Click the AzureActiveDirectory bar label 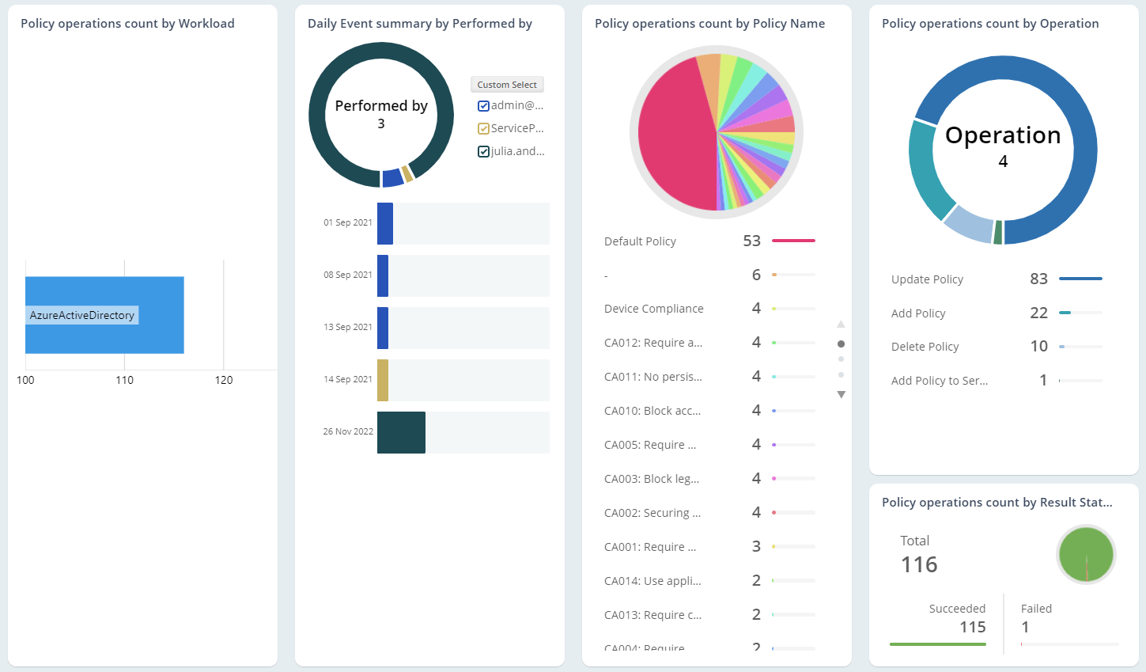pyautogui.click(x=82, y=315)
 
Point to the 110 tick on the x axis pyautogui.click(x=124, y=380)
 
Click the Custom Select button pyautogui.click(x=507, y=85)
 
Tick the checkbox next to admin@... pyautogui.click(x=483, y=106)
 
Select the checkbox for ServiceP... pyautogui.click(x=483, y=129)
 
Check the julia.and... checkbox pyautogui.click(x=483, y=152)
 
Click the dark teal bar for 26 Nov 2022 pyautogui.click(x=401, y=432)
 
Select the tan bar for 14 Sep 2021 pyautogui.click(x=383, y=380)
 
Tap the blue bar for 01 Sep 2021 pyautogui.click(x=385, y=223)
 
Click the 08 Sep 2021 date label pyautogui.click(x=347, y=275)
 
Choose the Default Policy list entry pyautogui.click(x=640, y=241)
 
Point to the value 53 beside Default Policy pyautogui.click(x=751, y=241)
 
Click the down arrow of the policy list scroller pyautogui.click(x=842, y=394)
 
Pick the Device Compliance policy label pyautogui.click(x=653, y=309)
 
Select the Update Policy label pyautogui.click(x=927, y=279)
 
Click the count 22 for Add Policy pyautogui.click(x=1038, y=313)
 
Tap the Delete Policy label pyautogui.click(x=925, y=347)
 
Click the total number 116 pyautogui.click(x=919, y=564)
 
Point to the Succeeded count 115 pyautogui.click(x=972, y=627)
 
